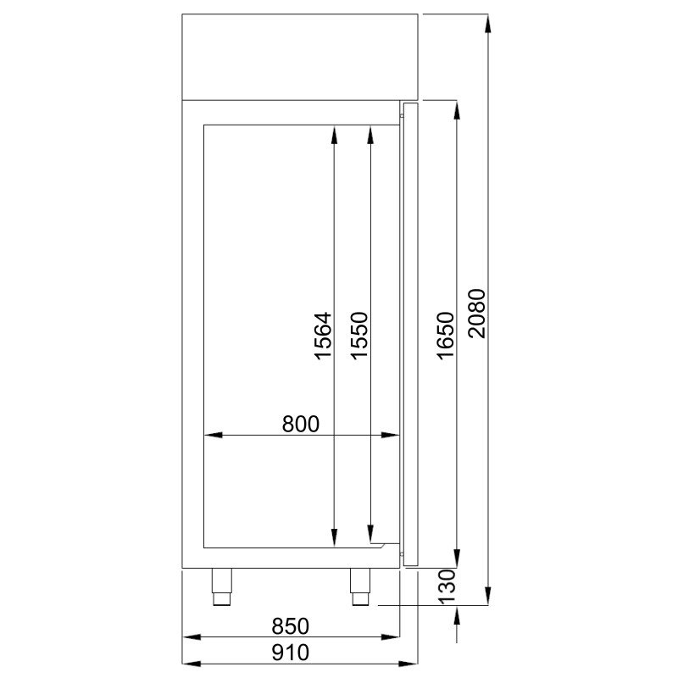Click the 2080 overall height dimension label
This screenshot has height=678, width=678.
click(x=477, y=314)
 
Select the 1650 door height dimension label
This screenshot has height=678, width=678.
click(x=446, y=336)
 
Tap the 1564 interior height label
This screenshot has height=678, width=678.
click(x=323, y=336)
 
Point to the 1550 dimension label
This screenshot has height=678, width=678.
click(x=359, y=336)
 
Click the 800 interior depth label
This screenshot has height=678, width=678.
click(x=301, y=424)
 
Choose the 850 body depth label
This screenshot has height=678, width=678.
click(x=291, y=626)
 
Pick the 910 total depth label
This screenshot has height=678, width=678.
click(x=291, y=653)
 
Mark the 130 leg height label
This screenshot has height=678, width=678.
click(x=447, y=586)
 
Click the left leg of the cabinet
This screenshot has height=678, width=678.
click(x=222, y=586)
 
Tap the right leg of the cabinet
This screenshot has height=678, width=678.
click(x=360, y=586)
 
